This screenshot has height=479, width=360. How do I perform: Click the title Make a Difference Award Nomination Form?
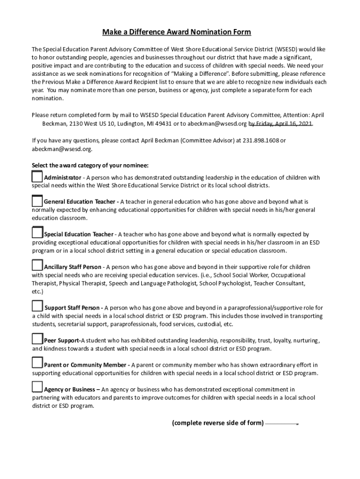(177, 32)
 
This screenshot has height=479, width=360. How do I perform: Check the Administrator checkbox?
(37, 177)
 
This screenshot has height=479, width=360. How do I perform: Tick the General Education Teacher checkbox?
(37, 201)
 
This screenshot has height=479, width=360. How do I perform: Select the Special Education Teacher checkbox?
(37, 232)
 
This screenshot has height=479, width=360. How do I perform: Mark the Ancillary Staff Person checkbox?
(37, 265)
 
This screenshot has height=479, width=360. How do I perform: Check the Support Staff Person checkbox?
(37, 306)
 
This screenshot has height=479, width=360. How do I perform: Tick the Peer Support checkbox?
(37, 339)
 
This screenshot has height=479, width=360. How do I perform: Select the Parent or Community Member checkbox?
(37, 363)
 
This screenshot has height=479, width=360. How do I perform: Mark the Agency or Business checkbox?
(37, 387)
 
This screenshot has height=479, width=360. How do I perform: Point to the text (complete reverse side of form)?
(217, 423)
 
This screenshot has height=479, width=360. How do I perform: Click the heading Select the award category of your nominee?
(90, 165)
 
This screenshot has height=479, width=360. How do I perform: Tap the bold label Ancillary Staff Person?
(72, 267)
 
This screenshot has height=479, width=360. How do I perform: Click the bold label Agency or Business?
(71, 389)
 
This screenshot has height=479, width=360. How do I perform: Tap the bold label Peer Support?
(63, 341)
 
